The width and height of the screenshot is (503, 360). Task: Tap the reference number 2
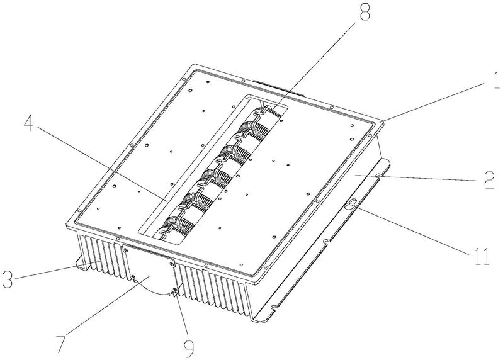pyautogui.click(x=489, y=181)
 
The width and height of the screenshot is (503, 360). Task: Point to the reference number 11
pyautogui.click(x=480, y=257)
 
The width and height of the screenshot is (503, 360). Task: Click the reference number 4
pyautogui.click(x=28, y=123)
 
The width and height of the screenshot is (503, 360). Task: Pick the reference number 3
pyautogui.click(x=7, y=279)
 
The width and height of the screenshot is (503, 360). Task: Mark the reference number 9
pyautogui.click(x=189, y=349)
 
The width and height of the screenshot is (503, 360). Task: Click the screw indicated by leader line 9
pyautogui.click(x=174, y=290)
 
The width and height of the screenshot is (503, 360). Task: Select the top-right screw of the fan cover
pyautogui.click(x=171, y=264)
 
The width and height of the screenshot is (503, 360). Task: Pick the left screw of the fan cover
pyautogui.click(x=133, y=277)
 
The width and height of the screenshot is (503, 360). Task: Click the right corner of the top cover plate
pyautogui.click(x=384, y=121)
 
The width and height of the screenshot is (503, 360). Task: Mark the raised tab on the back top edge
pyautogui.click(x=278, y=88)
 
